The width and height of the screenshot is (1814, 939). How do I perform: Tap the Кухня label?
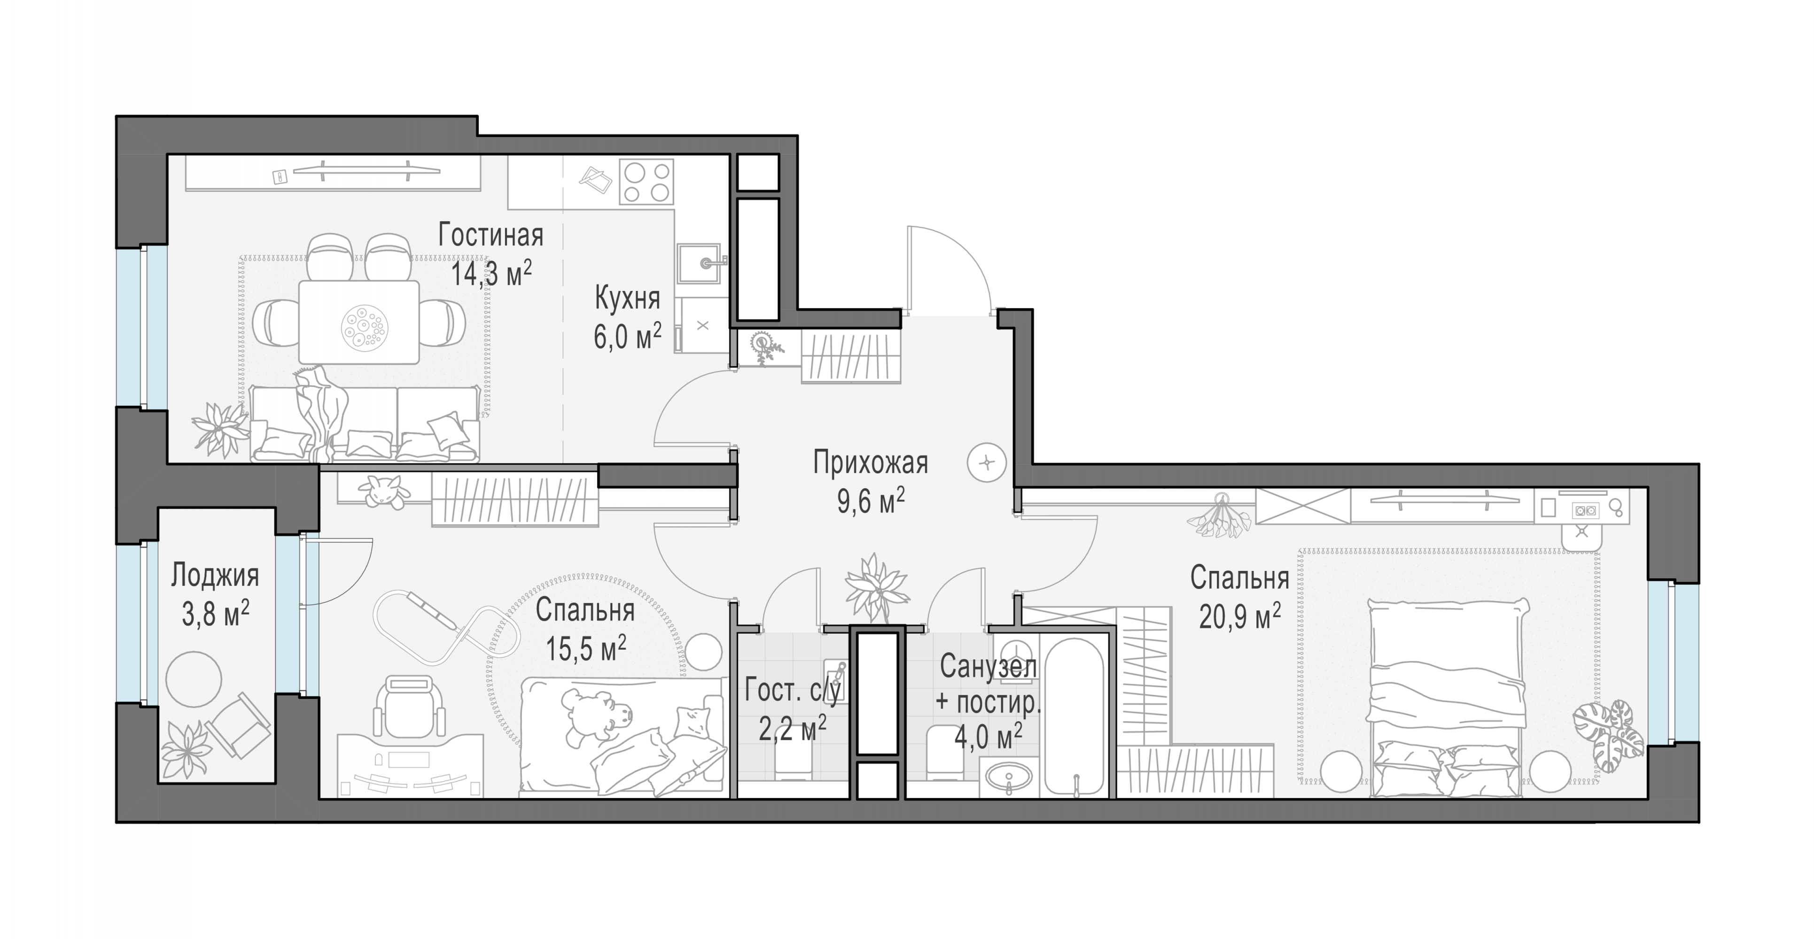[x=627, y=299]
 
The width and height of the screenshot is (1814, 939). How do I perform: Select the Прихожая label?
[x=871, y=463]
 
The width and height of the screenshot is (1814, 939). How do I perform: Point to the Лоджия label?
[x=215, y=575]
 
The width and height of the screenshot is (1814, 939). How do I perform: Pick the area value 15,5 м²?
[x=586, y=648]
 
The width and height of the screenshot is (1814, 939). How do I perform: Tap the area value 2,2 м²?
[x=792, y=729]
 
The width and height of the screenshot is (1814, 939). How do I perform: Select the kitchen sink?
[x=699, y=263]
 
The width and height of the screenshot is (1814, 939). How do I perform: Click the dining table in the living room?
[x=359, y=323]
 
